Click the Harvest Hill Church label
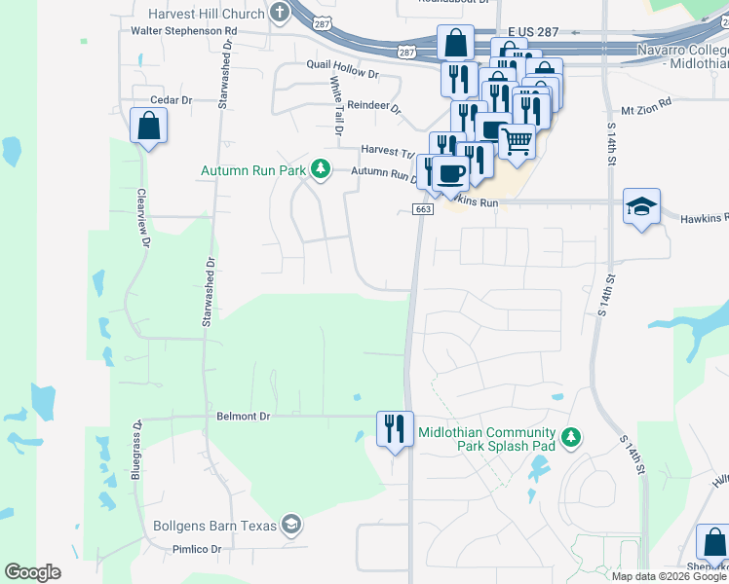pos(207,14)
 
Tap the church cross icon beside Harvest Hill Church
pos(281,14)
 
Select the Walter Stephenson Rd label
pos(184,31)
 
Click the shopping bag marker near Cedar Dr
pos(148,126)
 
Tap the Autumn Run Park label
pos(252,170)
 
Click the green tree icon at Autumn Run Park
pos(320,170)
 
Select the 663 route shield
pos(423,209)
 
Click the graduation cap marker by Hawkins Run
pos(642,206)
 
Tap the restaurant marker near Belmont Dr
pos(395,428)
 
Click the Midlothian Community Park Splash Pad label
pos(486,440)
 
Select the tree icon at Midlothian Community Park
pos(572,438)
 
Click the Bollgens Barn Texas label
pos(214,527)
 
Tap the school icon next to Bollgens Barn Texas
pos(289,526)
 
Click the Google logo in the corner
pos(33,572)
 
